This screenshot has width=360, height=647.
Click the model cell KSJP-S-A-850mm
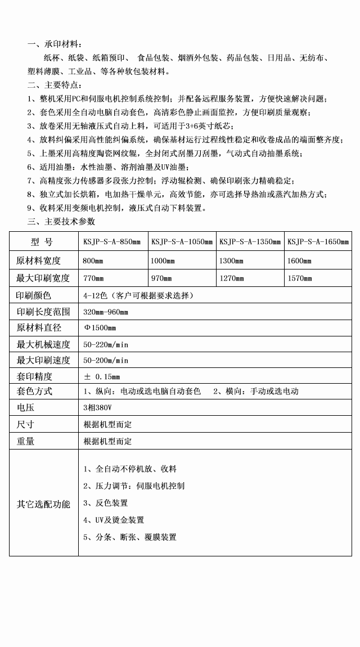click(112, 242)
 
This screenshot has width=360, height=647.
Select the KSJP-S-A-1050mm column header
click(182, 242)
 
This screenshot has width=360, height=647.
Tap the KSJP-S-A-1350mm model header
click(250, 242)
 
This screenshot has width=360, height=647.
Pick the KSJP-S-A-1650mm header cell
click(318, 242)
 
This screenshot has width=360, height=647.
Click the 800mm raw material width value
click(93, 261)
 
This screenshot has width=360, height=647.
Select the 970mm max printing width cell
click(161, 278)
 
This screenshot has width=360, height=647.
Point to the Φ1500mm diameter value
click(100, 328)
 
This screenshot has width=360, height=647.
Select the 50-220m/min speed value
click(106, 344)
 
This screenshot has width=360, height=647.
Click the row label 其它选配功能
click(43, 504)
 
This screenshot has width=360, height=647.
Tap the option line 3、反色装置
click(106, 503)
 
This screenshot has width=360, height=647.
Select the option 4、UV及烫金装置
click(114, 520)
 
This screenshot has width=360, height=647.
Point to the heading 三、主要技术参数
click(62, 221)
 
